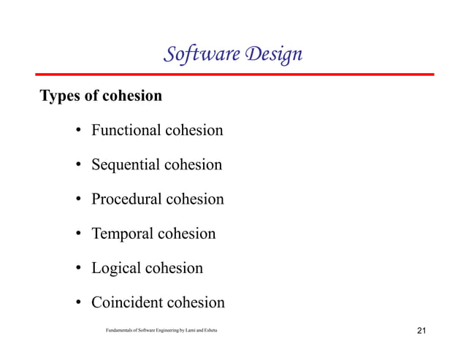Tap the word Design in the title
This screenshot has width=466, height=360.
click(x=270, y=55)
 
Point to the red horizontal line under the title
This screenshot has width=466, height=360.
click(x=234, y=74)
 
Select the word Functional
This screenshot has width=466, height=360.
click(x=126, y=131)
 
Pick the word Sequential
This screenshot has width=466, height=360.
click(x=125, y=165)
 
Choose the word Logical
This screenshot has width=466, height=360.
click(x=117, y=268)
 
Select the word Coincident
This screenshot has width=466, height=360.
click(x=127, y=302)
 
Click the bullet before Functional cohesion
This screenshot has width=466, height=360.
click(x=77, y=131)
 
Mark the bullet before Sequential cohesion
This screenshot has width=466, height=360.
click(x=77, y=166)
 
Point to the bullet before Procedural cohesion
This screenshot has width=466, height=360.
click(x=77, y=200)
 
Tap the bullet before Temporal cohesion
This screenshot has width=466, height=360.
click(x=77, y=234)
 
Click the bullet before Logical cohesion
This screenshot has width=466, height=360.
click(x=77, y=269)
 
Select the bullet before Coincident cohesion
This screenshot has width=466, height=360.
click(x=77, y=303)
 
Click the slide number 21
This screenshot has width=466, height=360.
click(x=421, y=332)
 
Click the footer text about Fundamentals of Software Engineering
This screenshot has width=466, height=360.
click(x=161, y=332)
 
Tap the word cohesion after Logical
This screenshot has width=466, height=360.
click(x=175, y=268)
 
